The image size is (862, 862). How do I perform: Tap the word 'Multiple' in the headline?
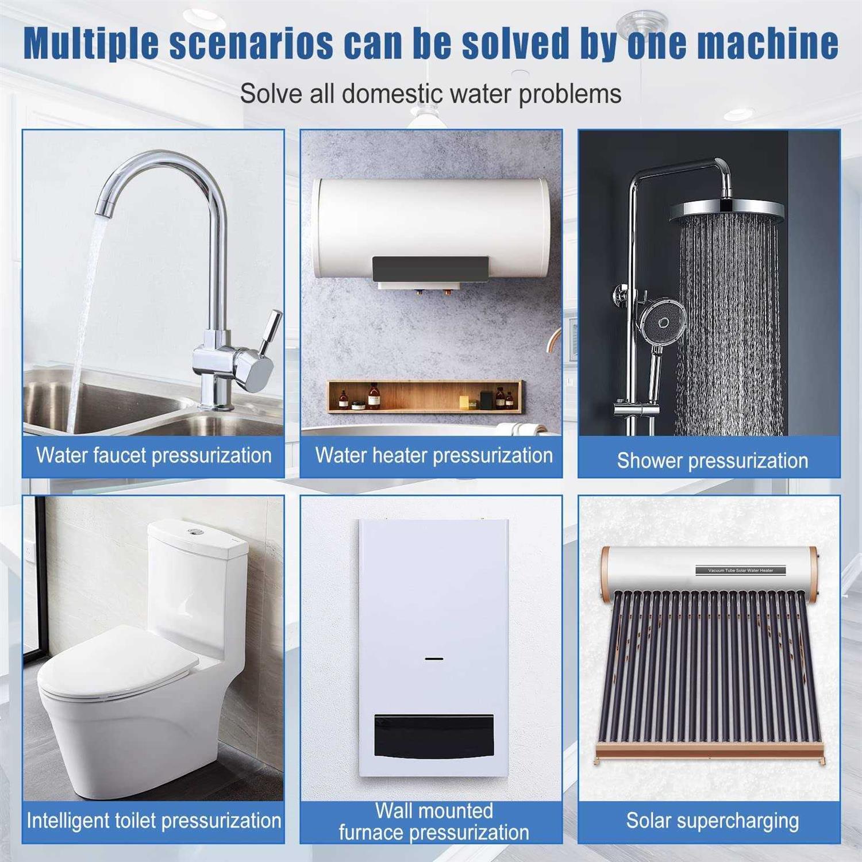91,44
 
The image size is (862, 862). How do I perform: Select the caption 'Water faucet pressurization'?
153,455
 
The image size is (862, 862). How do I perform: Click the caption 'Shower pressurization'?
712,460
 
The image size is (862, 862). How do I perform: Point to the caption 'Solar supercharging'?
712,821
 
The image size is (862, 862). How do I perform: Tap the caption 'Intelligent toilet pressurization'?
153,821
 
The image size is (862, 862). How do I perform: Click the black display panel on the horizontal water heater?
430,269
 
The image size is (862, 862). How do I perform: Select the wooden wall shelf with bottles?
425,396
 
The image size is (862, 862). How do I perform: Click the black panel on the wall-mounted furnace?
434,736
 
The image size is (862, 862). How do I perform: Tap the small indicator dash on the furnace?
434,658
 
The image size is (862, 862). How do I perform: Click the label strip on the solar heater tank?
740,570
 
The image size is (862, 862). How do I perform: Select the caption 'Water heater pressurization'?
434,455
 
